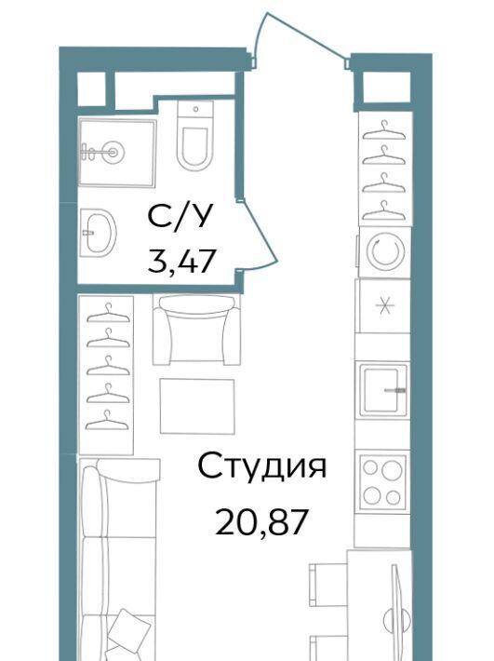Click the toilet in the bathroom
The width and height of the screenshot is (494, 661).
tap(194, 135)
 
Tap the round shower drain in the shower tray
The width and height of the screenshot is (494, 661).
tap(113, 152)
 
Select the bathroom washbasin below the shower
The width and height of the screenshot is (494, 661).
tap(98, 232)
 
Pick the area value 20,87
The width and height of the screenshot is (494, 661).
tap(260, 522)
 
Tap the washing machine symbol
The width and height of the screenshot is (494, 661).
tap(385, 252)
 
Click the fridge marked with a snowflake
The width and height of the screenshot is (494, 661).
tap(383, 305)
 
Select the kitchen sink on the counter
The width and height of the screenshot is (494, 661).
tap(383, 389)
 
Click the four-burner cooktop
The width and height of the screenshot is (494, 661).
tap(382, 481)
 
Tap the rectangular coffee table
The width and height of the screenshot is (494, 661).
tap(197, 406)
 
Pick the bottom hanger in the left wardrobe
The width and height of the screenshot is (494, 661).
tap(107, 420)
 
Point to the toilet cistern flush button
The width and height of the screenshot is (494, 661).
tap(195, 109)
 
